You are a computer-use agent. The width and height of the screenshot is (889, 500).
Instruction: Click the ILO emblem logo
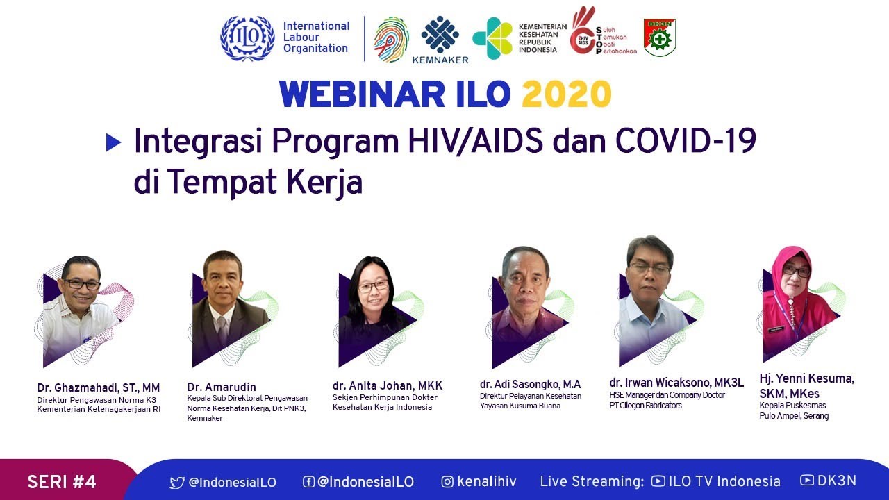[x=247, y=39]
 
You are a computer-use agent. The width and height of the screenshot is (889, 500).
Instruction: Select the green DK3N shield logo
[x=659, y=37]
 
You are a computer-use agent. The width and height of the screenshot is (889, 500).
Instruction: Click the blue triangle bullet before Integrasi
[x=113, y=142]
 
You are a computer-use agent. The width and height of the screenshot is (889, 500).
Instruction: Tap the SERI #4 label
[x=62, y=482]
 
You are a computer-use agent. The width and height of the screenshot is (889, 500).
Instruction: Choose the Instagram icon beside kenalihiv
[x=448, y=482]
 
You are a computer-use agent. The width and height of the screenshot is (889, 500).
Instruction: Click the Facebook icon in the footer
[x=308, y=482]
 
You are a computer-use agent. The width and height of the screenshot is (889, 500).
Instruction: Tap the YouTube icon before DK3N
[x=807, y=480]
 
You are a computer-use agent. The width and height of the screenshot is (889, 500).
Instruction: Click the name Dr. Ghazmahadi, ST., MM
[x=99, y=387]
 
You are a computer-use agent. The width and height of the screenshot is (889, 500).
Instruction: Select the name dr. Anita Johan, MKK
[x=388, y=385]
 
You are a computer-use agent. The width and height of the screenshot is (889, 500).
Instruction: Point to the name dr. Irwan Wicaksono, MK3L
[x=676, y=383]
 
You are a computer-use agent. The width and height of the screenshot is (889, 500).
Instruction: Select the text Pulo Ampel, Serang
[x=794, y=416]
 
